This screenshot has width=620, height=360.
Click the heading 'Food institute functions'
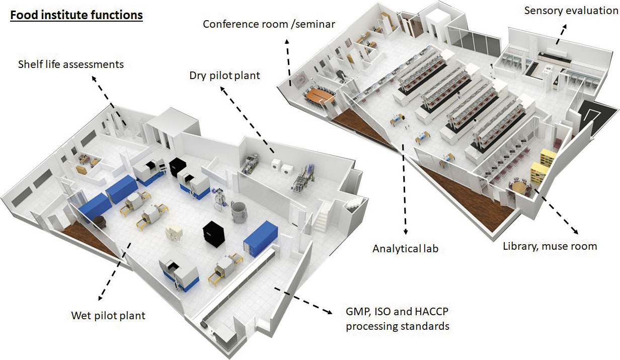(x=76, y=15)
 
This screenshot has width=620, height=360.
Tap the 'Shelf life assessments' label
(x=70, y=64)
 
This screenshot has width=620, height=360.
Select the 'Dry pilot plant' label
(x=224, y=76)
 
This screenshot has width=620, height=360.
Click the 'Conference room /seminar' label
(x=269, y=24)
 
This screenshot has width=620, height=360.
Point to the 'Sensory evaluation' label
(x=571, y=10)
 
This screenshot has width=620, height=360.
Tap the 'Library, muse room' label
(x=550, y=246)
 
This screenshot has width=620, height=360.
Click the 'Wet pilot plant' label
(x=108, y=316)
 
